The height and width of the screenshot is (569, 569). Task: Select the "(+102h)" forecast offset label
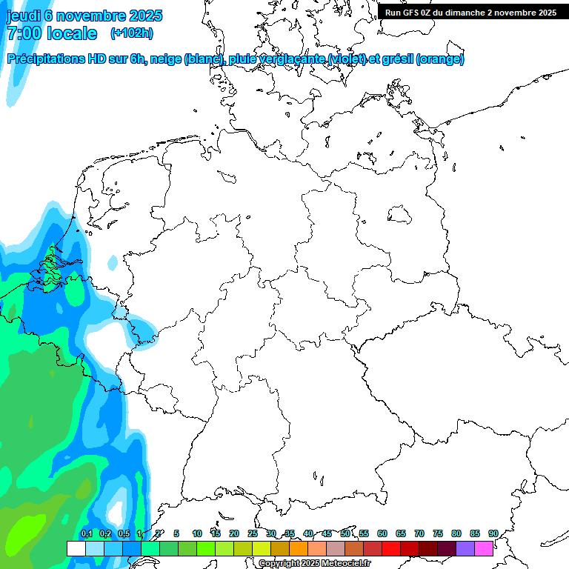coord(131,33)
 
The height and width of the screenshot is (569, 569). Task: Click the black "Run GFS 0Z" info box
coord(470,13)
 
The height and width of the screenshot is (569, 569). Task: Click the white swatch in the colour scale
coord(76,548)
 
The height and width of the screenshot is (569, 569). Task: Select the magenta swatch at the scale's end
coord(484,548)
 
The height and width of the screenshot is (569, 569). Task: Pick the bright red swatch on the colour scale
coord(391,548)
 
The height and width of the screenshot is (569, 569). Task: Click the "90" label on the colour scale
coord(493,533)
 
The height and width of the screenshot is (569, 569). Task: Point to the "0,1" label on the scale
coord(86,533)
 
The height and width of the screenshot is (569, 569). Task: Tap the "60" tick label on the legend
coord(382,533)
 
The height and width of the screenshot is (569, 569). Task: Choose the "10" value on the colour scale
coord(197,533)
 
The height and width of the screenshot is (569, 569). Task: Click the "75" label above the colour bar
coord(438,533)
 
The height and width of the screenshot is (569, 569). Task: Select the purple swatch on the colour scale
coord(465,548)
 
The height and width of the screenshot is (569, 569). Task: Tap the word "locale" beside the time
coord(72,33)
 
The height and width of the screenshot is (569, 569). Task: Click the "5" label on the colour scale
coord(176,533)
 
